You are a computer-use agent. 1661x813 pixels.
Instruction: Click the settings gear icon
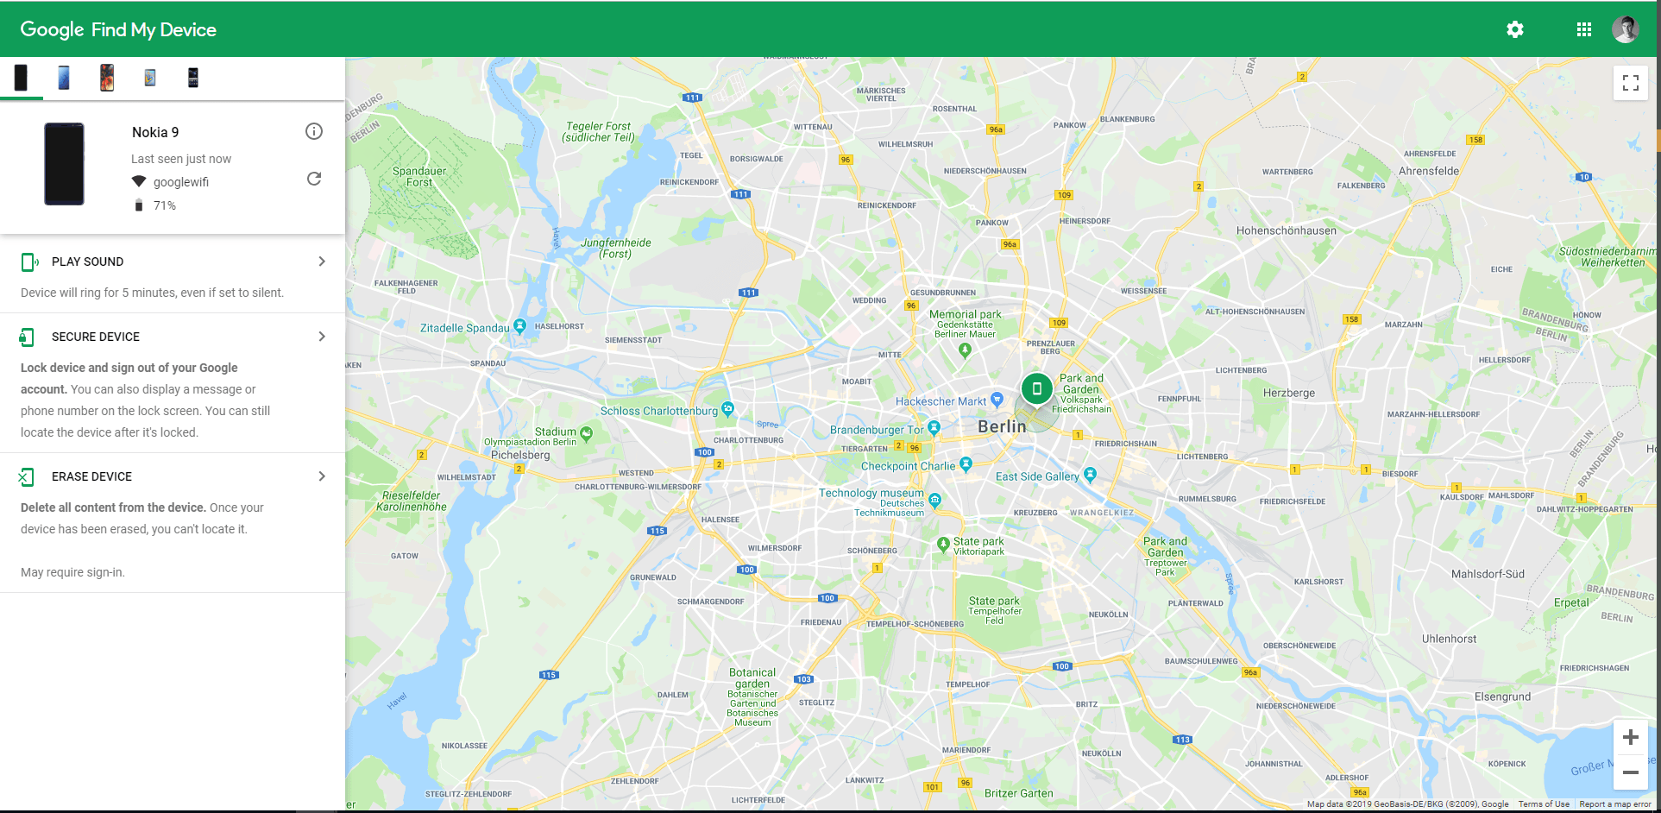pyautogui.click(x=1515, y=29)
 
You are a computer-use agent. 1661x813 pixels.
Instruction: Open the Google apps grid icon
pyautogui.click(x=1584, y=29)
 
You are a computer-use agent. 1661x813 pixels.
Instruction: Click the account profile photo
pyautogui.click(x=1626, y=29)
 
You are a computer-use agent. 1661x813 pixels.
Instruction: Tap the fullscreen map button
pyautogui.click(x=1631, y=83)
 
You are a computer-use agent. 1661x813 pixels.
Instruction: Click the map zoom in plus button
pyautogui.click(x=1631, y=737)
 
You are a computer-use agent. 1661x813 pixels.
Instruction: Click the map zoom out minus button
pyautogui.click(x=1631, y=772)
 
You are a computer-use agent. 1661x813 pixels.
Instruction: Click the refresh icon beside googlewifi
pyautogui.click(x=314, y=179)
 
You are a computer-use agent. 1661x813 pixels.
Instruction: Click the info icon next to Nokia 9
pyautogui.click(x=314, y=131)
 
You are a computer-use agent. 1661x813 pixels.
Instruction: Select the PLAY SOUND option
pyautogui.click(x=87, y=262)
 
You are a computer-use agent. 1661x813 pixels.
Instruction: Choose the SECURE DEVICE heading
pyautogui.click(x=95, y=337)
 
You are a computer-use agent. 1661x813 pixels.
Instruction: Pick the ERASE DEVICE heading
pyautogui.click(x=91, y=476)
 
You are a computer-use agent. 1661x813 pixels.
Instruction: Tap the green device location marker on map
pyautogui.click(x=1037, y=389)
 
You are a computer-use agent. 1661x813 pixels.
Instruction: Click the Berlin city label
pyautogui.click(x=1002, y=426)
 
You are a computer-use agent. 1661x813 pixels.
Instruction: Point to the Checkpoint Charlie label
pyautogui.click(x=908, y=466)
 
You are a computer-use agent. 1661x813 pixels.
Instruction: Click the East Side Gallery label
pyautogui.click(x=1037, y=476)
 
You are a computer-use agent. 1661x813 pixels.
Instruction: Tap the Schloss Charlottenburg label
pyautogui.click(x=659, y=411)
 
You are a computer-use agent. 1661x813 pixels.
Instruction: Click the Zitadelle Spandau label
pyautogui.click(x=465, y=328)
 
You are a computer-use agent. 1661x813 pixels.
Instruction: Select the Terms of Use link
pyautogui.click(x=1544, y=804)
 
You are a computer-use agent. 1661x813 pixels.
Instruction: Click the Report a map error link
pyautogui.click(x=1615, y=804)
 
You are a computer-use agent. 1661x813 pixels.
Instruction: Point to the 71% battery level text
pyautogui.click(x=165, y=205)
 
